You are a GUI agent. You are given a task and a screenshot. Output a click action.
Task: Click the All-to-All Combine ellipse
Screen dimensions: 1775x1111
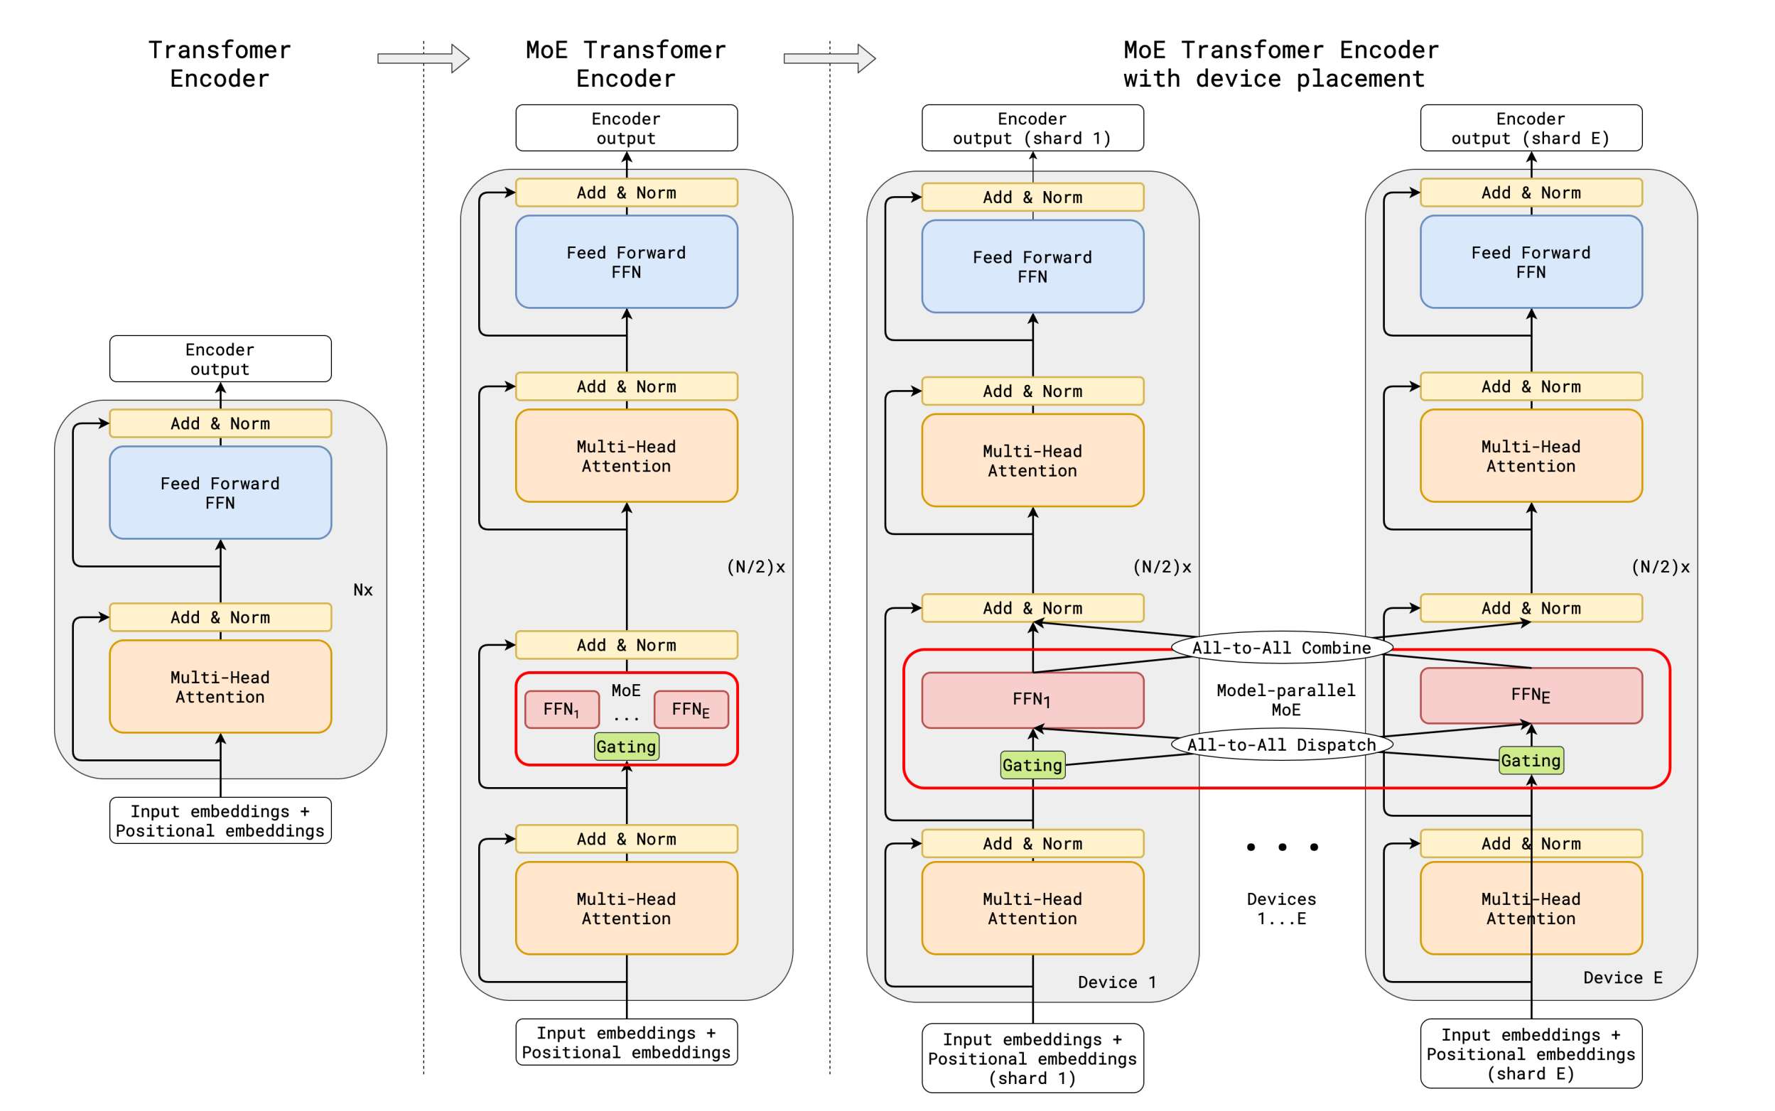[x=1281, y=647]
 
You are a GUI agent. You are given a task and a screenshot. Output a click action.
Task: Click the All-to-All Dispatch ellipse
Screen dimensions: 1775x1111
[x=1281, y=744]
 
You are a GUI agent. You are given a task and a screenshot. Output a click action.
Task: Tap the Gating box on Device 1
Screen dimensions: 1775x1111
[x=1032, y=765]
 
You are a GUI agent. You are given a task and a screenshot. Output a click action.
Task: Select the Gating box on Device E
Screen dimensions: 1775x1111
[x=1531, y=761]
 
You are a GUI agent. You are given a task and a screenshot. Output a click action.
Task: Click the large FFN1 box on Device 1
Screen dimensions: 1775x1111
[x=1032, y=700]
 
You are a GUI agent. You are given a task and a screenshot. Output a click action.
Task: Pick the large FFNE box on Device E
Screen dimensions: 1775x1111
[x=1531, y=695]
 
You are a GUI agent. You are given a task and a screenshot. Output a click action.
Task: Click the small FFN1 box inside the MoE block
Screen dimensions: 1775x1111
[x=561, y=709]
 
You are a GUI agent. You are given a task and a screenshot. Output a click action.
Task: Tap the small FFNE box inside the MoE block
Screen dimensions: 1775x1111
[x=691, y=709]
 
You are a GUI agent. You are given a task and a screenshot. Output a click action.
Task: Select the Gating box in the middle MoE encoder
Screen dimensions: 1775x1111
[x=626, y=747]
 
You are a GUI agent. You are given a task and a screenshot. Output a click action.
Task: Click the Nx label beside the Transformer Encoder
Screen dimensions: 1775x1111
[x=363, y=590]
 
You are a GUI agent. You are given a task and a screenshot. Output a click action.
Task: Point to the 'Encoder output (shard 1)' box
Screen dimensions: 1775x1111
[x=1032, y=128]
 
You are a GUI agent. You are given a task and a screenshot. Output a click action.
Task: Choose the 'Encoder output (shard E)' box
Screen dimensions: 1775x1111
[x=1531, y=128]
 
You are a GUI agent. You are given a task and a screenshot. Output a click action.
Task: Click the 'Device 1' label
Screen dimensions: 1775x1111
[x=1116, y=982]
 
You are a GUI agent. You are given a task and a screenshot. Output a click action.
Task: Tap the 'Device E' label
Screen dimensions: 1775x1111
[x=1622, y=977]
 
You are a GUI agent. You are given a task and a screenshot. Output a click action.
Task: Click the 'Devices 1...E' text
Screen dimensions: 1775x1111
[x=1281, y=909]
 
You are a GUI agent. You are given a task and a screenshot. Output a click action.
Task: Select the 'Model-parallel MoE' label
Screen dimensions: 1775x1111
[x=1285, y=700]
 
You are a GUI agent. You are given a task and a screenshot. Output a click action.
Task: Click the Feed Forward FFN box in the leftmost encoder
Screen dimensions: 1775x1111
[x=220, y=492]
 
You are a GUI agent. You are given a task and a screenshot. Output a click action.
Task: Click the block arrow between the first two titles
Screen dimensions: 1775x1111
[x=423, y=58]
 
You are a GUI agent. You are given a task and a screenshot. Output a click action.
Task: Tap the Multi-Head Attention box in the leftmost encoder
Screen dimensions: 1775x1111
[x=220, y=686]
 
